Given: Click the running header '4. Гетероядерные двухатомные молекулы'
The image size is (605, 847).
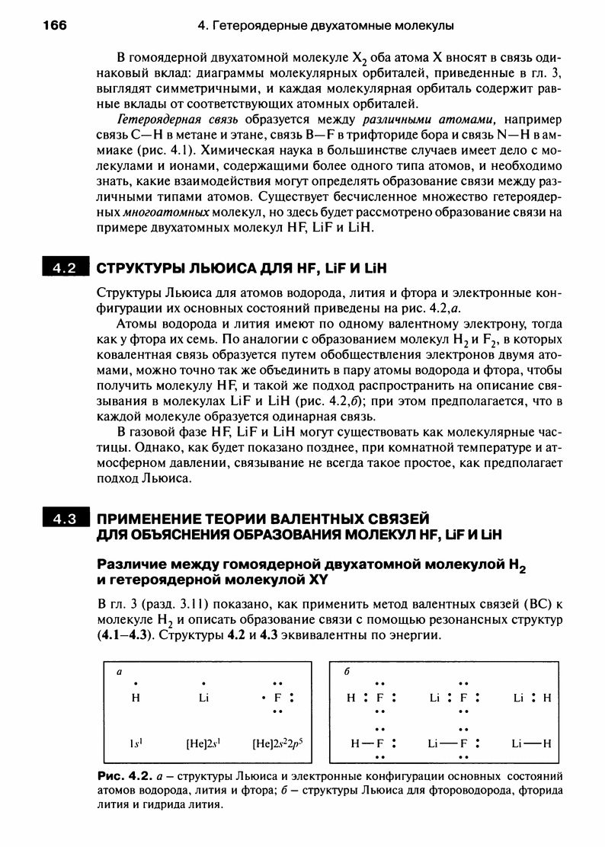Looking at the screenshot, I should tap(325, 26).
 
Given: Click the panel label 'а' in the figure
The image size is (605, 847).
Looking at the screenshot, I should tap(118, 673).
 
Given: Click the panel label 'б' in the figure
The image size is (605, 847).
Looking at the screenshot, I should tap(346, 673).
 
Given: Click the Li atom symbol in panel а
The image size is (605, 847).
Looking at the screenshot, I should tap(203, 697).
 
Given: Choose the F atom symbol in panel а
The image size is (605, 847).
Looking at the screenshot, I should tap(277, 697).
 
